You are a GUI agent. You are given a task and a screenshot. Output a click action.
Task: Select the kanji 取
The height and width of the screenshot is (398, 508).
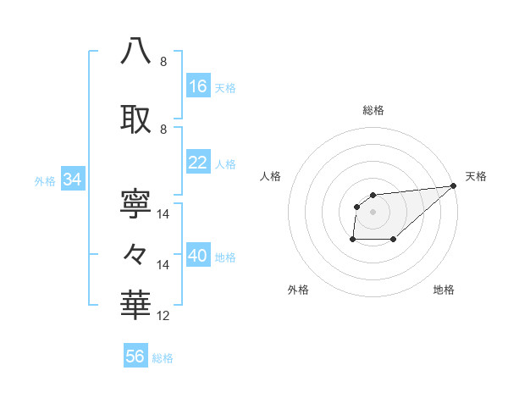click(x=136, y=118)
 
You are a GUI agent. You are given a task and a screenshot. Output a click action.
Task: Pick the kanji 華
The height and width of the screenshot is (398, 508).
click(x=136, y=304)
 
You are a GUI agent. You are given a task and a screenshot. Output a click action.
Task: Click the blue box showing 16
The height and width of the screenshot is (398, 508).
click(x=198, y=86)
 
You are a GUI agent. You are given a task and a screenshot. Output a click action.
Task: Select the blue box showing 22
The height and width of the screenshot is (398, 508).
click(x=198, y=163)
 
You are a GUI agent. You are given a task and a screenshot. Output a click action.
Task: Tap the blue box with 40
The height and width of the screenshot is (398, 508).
click(x=198, y=257)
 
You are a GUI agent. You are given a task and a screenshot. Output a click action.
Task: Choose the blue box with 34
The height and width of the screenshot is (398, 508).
click(x=72, y=180)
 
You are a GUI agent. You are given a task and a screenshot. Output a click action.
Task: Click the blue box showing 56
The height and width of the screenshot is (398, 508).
click(x=135, y=357)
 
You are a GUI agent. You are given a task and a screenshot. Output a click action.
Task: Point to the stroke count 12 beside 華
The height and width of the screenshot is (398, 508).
click(x=164, y=316)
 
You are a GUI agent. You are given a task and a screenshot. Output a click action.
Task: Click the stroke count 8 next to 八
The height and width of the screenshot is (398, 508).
click(x=163, y=62)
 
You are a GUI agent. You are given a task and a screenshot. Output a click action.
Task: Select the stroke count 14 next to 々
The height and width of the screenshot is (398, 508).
click(x=164, y=265)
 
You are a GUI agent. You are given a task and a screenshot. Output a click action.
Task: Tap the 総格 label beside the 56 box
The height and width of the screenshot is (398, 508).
click(x=163, y=358)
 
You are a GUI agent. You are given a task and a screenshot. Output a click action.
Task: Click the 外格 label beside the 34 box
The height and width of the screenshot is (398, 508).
click(x=45, y=180)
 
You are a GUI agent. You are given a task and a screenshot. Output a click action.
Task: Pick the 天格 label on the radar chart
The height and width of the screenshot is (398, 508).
click(x=476, y=176)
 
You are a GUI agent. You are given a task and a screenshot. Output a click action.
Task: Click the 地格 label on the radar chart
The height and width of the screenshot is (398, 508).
click(x=444, y=290)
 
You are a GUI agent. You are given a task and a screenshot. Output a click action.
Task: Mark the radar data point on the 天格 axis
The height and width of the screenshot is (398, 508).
click(x=455, y=186)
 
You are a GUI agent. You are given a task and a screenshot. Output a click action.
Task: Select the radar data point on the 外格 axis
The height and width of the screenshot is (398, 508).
click(x=352, y=240)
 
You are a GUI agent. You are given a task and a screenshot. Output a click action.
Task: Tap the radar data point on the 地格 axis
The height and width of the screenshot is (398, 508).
click(x=394, y=240)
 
